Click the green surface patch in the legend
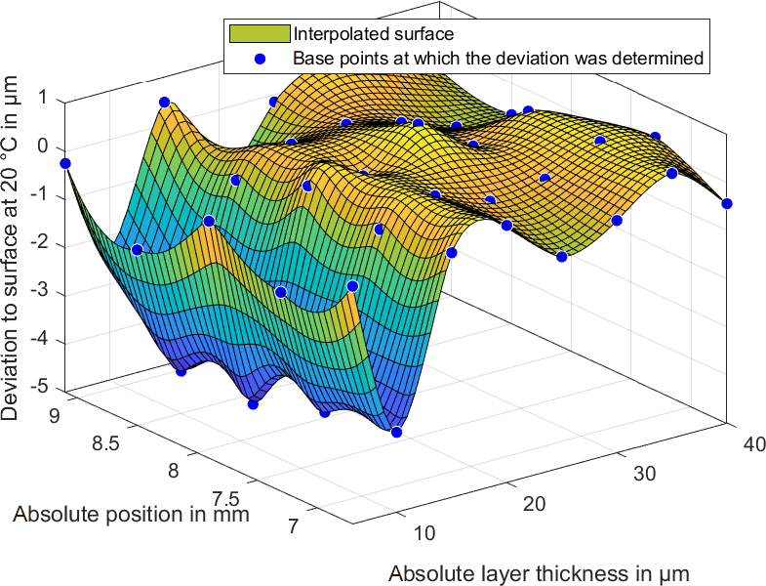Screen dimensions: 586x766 pos(260,34)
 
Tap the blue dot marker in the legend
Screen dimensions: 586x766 pos(260,58)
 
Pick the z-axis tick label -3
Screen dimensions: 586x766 pos(40,292)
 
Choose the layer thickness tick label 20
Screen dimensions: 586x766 pos(532,503)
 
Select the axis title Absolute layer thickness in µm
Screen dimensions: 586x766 pos(539,573)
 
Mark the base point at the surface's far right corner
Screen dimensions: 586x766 pos(727,203)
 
